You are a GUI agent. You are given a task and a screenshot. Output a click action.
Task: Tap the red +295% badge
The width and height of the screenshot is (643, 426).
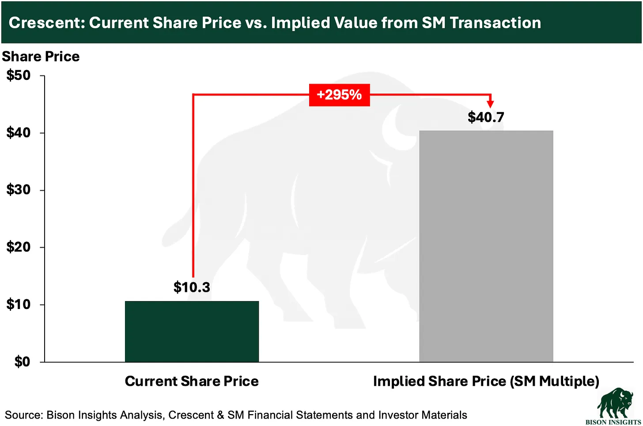click(x=339, y=95)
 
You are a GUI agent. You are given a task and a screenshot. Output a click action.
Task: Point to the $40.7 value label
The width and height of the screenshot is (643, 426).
click(x=486, y=117)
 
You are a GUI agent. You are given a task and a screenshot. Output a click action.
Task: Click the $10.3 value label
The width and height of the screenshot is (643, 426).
click(x=192, y=287)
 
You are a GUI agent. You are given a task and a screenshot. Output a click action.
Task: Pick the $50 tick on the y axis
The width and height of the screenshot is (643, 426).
click(x=19, y=75)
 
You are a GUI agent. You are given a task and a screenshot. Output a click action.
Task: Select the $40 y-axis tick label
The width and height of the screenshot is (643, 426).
click(x=19, y=132)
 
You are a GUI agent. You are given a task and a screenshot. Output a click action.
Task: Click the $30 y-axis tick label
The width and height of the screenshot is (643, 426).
click(x=19, y=190)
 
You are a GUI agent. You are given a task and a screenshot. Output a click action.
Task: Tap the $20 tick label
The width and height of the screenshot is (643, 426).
click(x=19, y=247)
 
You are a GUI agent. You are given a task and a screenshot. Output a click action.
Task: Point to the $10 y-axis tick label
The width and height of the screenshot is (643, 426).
click(x=19, y=304)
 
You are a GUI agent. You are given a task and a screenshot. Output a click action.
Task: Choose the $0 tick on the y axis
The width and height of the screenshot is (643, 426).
click(x=22, y=362)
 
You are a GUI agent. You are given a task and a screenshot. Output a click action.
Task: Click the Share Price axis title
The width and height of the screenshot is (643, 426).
click(x=41, y=57)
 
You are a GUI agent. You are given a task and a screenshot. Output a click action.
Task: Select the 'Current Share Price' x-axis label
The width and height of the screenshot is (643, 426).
click(x=192, y=381)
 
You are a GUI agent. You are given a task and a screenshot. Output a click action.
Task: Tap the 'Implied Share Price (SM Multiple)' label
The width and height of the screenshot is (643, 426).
click(x=486, y=381)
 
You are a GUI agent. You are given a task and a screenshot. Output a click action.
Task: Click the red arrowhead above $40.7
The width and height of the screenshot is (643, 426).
click(x=490, y=104)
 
